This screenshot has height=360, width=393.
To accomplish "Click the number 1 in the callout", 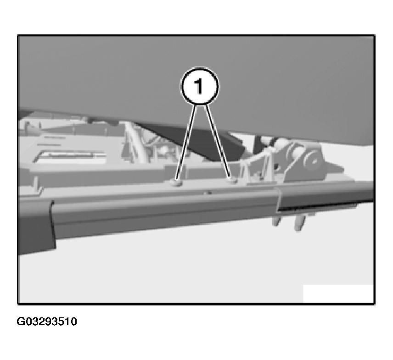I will click(x=199, y=86).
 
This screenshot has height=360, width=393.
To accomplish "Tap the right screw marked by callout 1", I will click(x=233, y=180).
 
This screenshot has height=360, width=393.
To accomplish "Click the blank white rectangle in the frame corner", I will click(x=338, y=294).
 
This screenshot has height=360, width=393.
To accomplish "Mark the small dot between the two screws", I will click(x=208, y=193).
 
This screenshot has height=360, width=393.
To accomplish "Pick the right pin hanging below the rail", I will click(x=299, y=224).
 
